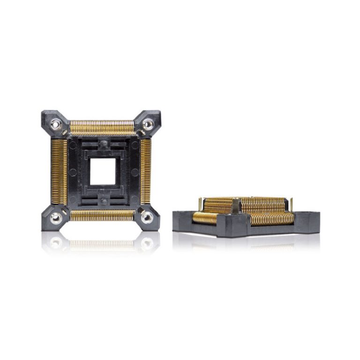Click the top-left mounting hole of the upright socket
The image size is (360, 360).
click(x=56, y=124)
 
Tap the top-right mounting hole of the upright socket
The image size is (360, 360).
click(x=148, y=124)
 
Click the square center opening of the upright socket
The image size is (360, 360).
click(x=103, y=171)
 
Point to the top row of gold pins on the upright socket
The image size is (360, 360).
click(x=102, y=126)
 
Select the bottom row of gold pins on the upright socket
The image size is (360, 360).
click(x=102, y=215)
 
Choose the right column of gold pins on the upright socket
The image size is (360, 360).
click(x=145, y=171)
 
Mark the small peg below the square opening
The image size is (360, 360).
click(x=102, y=200)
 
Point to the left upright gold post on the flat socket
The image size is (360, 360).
click(x=200, y=204)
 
